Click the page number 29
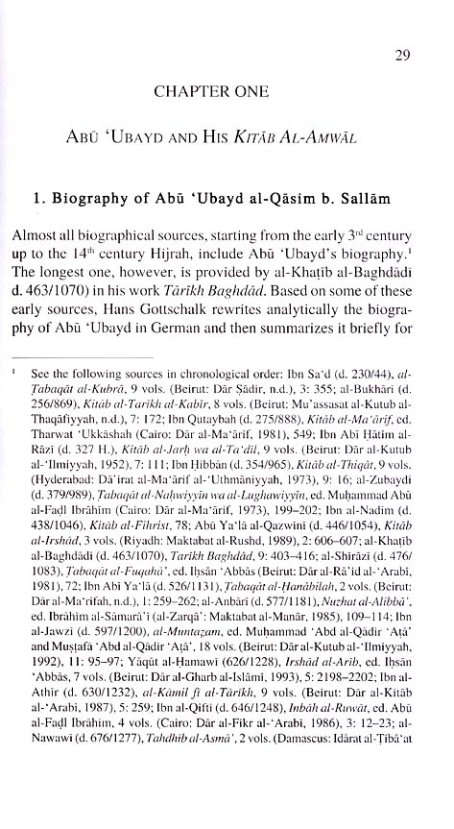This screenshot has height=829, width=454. [403, 55]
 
